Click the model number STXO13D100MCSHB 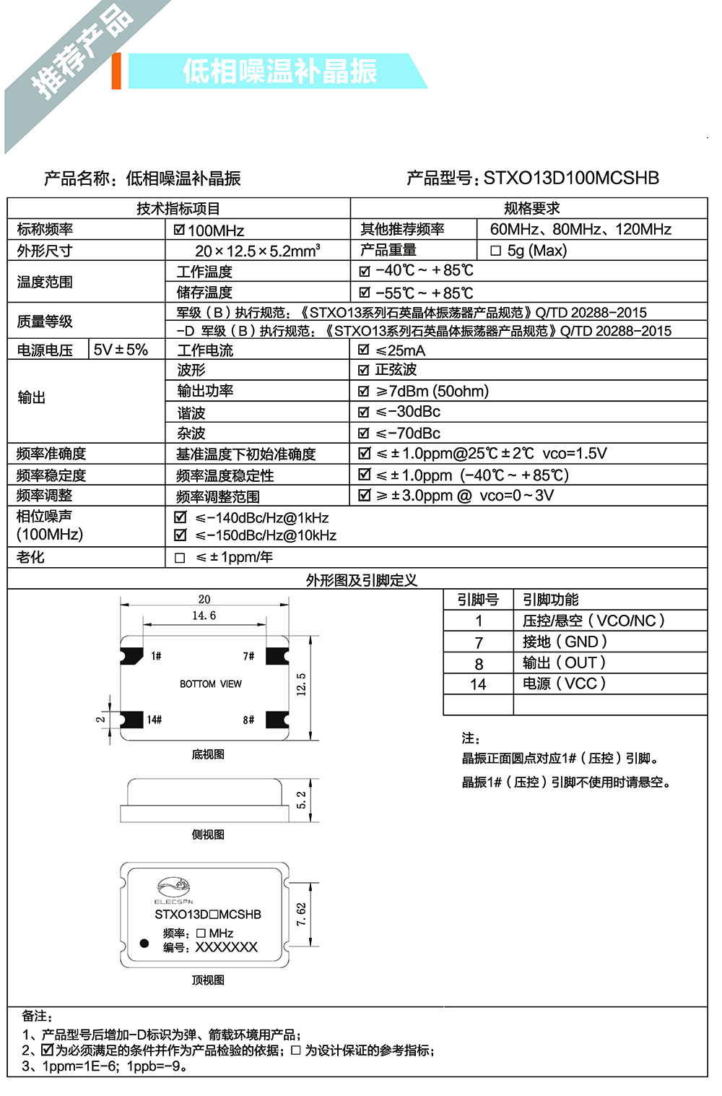[570, 178]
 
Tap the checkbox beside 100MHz [180, 230]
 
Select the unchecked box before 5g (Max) [495, 251]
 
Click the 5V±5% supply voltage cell [121, 350]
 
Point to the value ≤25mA [401, 350]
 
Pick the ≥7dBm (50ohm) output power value [432, 391]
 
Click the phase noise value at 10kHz [266, 535]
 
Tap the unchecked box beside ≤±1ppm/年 [180, 558]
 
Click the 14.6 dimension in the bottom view [204, 616]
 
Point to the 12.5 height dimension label [301, 683]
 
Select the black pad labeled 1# [132, 655]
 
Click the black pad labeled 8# [277, 720]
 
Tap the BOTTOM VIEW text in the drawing [211, 683]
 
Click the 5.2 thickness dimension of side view [301, 800]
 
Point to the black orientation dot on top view [144, 944]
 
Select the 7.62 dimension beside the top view [301, 914]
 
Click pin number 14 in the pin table [478, 684]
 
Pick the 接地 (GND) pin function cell [565, 642]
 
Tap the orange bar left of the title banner [116, 71]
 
